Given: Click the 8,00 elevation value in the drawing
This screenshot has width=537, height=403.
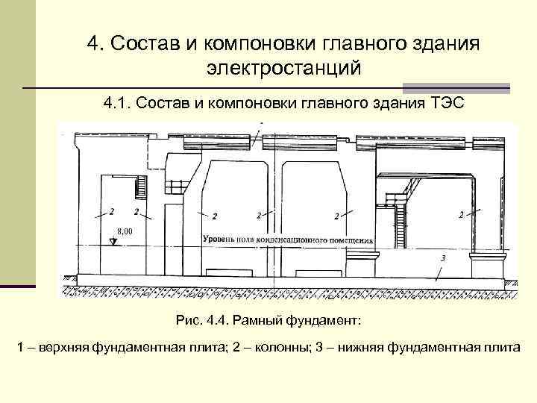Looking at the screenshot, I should coord(124,231).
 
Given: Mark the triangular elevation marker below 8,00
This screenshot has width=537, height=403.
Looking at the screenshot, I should coord(113,241).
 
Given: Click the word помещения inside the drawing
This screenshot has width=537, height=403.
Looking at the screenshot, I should coord(354,240).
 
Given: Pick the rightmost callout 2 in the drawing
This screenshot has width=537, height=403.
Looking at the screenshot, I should coord(461,214).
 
